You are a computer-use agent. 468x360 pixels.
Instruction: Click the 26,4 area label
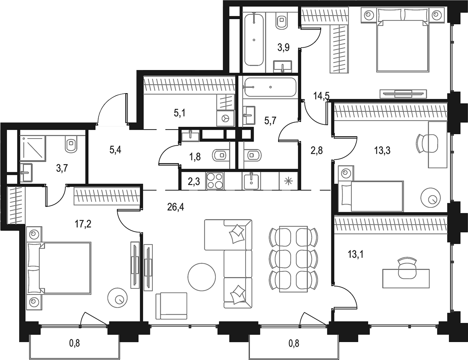coord(175,207)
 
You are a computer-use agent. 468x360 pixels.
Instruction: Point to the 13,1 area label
coord(356,255)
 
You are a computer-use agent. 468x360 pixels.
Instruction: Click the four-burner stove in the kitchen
coord(215,181)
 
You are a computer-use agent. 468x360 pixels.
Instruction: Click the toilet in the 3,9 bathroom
coord(282,21)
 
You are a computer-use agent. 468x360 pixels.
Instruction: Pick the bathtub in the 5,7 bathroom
coord(270,87)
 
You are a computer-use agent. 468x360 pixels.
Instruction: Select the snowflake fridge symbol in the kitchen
coord(288,181)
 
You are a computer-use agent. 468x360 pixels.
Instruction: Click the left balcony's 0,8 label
coord(75,344)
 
